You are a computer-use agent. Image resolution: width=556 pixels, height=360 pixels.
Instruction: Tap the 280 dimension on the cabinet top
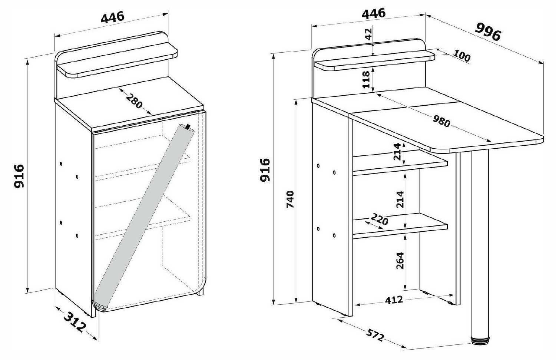134,101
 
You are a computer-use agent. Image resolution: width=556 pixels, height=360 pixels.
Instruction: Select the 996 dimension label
488,32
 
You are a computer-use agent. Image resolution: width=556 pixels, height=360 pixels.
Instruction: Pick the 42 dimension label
369,34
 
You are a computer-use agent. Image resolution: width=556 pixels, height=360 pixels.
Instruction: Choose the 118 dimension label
366,80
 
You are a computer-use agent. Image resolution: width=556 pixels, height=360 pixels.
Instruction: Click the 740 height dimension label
290,199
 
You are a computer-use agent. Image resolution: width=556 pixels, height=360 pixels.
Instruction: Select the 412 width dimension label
394,300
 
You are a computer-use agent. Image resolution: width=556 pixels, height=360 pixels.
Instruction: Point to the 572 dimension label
375,336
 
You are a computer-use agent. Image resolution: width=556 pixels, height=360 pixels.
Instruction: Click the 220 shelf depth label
380,219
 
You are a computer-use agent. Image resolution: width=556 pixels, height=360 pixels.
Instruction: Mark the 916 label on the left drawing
19,175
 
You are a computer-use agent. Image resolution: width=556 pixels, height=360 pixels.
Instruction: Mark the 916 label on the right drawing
265,170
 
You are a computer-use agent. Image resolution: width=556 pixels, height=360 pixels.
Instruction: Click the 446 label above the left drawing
112,17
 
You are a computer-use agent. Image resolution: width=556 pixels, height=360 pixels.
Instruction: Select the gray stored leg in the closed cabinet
144,218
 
